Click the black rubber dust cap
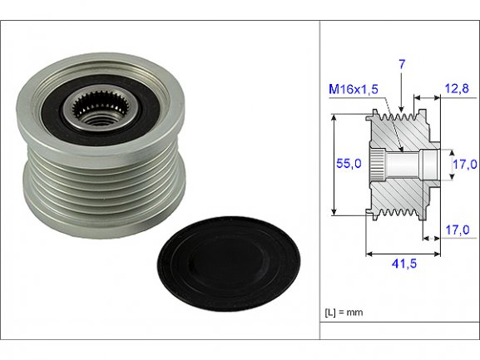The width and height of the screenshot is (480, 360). click(x=229, y=264)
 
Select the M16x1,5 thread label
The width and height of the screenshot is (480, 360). click(x=354, y=89)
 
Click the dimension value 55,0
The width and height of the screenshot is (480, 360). click(x=349, y=164)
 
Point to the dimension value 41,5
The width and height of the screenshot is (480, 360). click(x=404, y=264)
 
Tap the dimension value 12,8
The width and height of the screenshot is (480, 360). click(x=457, y=89)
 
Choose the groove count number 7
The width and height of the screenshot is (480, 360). click(x=402, y=65)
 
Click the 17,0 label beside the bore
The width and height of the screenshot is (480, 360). click(x=465, y=165)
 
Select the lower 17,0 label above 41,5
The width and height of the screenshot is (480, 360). click(x=458, y=230)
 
